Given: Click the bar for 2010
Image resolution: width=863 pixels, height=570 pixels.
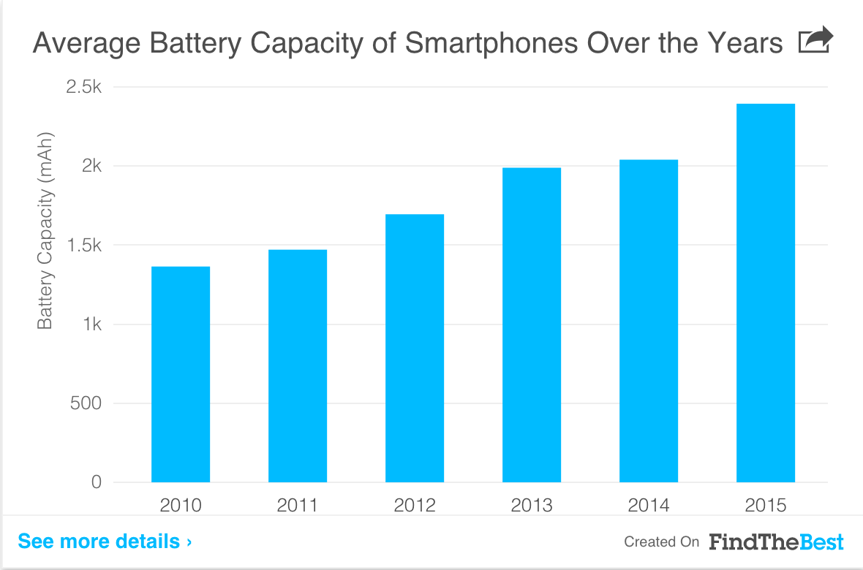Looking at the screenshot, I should click(181, 374).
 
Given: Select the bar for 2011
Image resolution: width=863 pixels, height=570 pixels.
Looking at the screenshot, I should click(298, 365).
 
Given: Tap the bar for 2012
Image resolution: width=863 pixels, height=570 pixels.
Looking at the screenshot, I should click(415, 348).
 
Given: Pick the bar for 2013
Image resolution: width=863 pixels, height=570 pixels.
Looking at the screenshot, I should click(532, 324).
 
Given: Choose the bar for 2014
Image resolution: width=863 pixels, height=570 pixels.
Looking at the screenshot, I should click(649, 321).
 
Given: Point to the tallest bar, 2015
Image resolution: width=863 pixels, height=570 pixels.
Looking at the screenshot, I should click(766, 292).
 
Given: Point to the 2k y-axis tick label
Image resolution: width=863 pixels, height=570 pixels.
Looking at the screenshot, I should click(91, 166).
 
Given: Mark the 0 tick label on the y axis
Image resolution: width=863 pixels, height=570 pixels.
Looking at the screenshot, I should click(96, 482).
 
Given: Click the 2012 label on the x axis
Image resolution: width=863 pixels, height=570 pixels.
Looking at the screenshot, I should click(415, 505).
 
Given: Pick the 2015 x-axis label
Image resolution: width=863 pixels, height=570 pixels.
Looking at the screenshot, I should click(766, 505).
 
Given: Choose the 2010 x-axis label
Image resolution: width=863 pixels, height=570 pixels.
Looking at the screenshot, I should click(181, 505).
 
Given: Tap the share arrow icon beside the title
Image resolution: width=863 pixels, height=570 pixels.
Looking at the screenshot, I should click(815, 41).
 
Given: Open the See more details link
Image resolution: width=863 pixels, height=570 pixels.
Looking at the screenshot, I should click(105, 541).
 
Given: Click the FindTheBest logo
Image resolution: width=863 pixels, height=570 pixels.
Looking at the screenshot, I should click(776, 541).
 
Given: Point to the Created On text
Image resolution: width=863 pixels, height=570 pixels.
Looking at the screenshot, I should click(661, 542).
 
